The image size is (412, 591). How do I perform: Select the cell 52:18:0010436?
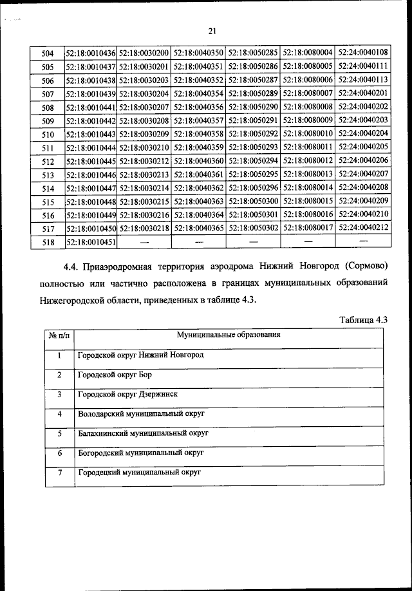click(90, 52)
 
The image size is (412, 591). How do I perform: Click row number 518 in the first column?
click(47, 242)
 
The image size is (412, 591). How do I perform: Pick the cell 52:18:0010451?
click(90, 242)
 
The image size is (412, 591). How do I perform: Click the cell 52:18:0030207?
click(144, 106)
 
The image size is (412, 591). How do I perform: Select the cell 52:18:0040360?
click(199, 160)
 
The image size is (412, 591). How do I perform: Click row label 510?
click(47, 133)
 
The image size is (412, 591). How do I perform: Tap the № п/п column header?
click(59, 335)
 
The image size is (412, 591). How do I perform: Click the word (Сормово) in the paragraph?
click(368, 266)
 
